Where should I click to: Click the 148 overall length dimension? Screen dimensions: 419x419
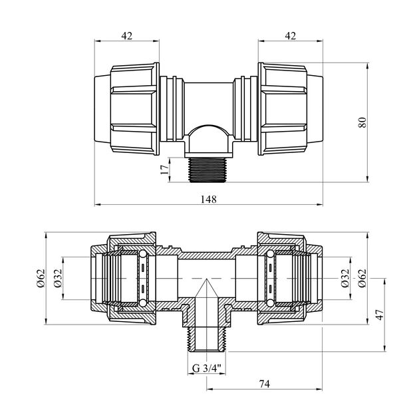click(209, 199)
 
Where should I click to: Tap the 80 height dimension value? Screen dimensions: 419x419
click(362, 122)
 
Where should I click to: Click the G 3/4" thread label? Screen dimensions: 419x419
click(207, 368)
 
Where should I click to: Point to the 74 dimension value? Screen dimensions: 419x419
click(265, 384)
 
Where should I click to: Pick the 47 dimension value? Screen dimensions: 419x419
click(380, 315)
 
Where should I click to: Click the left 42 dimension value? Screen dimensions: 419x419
click(126, 35)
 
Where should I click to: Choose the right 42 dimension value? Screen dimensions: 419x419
click(290, 35)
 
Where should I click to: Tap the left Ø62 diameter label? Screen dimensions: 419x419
click(41, 278)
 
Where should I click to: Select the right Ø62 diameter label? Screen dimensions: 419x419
click(362, 278)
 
